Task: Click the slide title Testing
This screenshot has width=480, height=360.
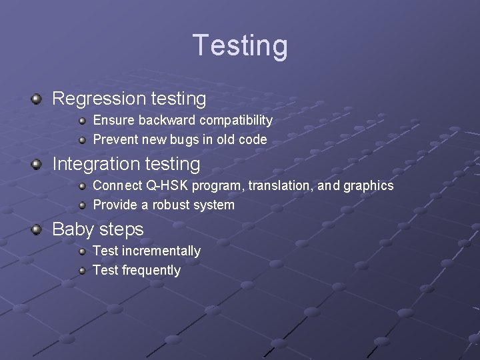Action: tap(240, 45)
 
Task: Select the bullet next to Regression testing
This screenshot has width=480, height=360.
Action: tap(37, 99)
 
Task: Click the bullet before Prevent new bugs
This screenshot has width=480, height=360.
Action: tap(82, 140)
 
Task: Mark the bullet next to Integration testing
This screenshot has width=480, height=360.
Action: tap(37, 165)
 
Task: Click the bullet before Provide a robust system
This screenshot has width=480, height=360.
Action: tap(82, 205)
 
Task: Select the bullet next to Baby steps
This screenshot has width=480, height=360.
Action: tap(37, 230)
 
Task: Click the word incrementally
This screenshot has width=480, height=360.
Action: tap(161, 251)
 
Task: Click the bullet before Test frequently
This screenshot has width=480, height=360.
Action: tap(82, 271)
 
